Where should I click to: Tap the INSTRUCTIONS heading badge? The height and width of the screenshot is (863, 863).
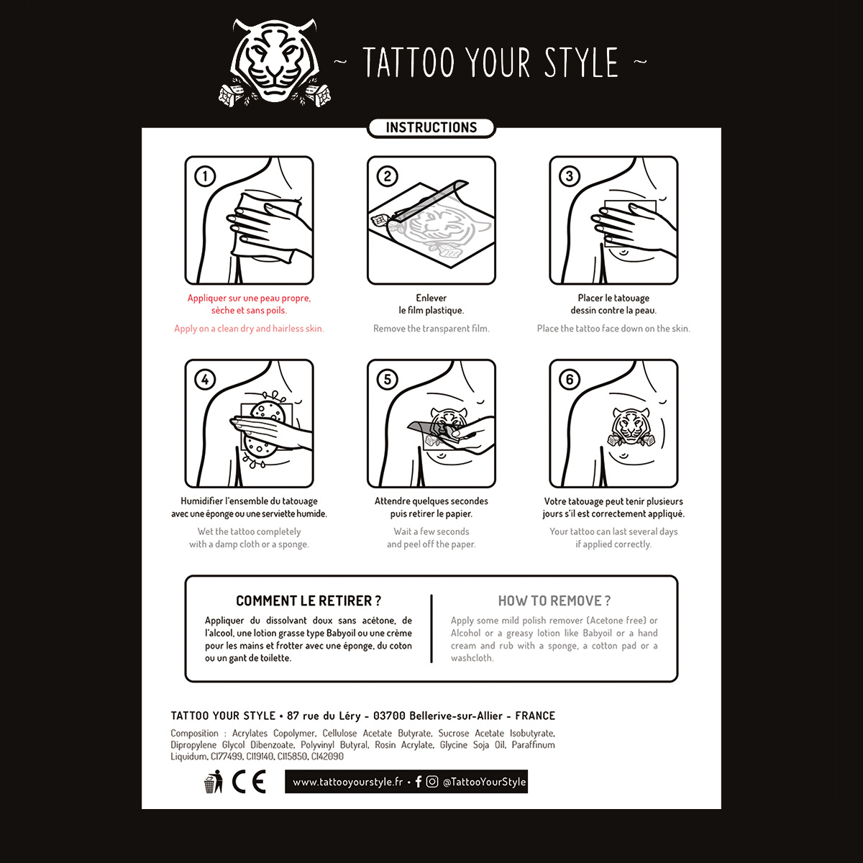click(x=431, y=127)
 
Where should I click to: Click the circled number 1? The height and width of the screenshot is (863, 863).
click(x=205, y=176)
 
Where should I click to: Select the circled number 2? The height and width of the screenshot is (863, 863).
click(x=388, y=176)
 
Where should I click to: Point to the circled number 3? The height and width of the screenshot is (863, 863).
click(x=569, y=176)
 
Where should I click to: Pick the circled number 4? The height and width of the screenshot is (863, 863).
click(x=205, y=379)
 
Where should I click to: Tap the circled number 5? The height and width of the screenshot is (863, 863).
click(x=388, y=379)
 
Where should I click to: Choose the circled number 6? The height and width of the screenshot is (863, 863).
click(x=569, y=379)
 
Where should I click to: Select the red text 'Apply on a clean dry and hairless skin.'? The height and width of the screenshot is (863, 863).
click(x=249, y=329)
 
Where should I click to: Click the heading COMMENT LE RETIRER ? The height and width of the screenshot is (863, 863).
click(x=309, y=601)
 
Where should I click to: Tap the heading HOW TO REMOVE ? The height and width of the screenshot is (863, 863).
click(x=554, y=601)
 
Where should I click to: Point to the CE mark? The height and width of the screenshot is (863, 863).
click(x=249, y=782)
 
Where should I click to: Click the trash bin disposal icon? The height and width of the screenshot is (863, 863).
click(x=213, y=782)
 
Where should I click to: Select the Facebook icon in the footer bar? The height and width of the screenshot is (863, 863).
click(x=419, y=782)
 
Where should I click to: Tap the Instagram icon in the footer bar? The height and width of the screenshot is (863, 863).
click(x=431, y=782)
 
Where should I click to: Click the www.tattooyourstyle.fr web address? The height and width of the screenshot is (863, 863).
click(x=347, y=782)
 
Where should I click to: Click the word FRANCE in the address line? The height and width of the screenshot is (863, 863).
click(x=535, y=716)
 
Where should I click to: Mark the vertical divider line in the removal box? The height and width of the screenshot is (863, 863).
click(x=431, y=629)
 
